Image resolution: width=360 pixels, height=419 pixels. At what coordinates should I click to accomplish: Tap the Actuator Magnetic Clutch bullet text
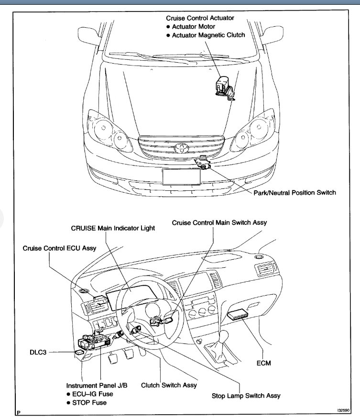point(209,35)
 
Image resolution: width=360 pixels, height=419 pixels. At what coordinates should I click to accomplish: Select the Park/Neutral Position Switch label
point(295,193)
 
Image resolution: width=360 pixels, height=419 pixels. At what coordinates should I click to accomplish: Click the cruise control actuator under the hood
point(224,88)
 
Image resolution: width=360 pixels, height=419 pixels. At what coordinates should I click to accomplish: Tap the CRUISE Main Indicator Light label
point(113,228)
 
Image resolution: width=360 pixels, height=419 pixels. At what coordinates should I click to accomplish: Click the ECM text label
point(263,363)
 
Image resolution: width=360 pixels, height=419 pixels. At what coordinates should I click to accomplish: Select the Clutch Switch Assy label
point(169,385)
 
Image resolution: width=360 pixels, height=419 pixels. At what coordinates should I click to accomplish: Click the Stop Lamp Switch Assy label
point(246,396)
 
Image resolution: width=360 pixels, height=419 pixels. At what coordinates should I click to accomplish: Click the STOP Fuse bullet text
point(90,402)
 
